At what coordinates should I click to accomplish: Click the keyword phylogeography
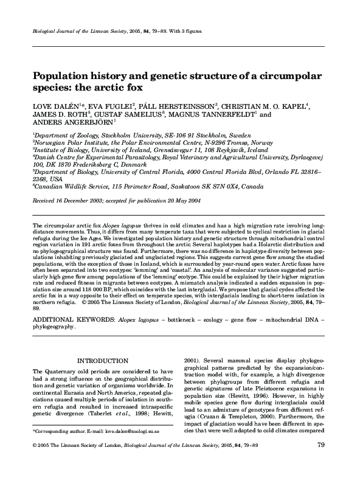(54, 326)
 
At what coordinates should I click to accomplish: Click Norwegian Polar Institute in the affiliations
(69, 140)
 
